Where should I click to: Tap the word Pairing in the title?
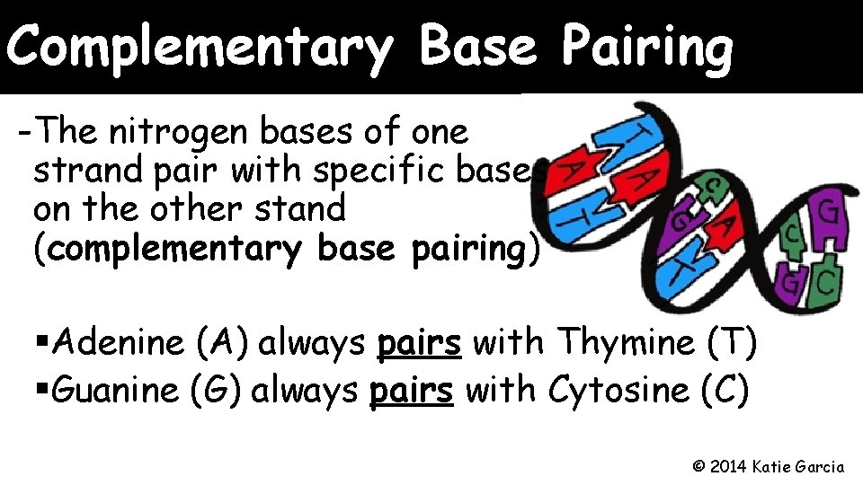point(647,47)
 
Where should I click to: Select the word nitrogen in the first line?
point(182,133)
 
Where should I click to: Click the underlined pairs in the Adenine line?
point(420,343)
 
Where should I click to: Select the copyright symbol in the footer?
point(699,466)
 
